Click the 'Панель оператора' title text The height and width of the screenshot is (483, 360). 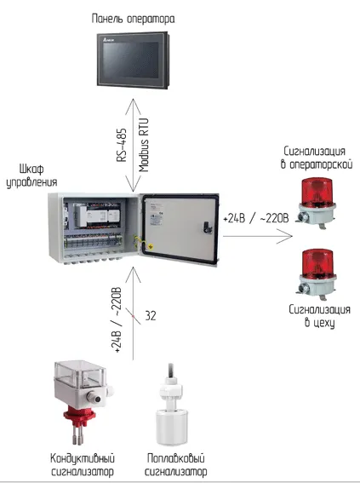pos(133,19)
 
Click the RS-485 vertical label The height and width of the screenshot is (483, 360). pos(122,145)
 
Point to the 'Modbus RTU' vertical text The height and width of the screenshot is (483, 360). pos(144,145)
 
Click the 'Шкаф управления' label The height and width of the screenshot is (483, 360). pos(31,175)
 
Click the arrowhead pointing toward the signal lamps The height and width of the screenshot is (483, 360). pos(286,236)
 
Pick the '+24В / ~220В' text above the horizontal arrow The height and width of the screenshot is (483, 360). pos(256,218)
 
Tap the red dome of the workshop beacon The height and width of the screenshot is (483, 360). pos(317,264)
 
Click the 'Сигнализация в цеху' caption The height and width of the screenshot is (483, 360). pos(319,316)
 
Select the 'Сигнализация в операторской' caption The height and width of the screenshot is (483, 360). pos(317,158)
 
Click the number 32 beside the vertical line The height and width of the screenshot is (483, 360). pos(151,316)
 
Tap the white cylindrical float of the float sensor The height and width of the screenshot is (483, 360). pos(172,426)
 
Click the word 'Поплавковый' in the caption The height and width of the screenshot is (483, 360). pos(175,458)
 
